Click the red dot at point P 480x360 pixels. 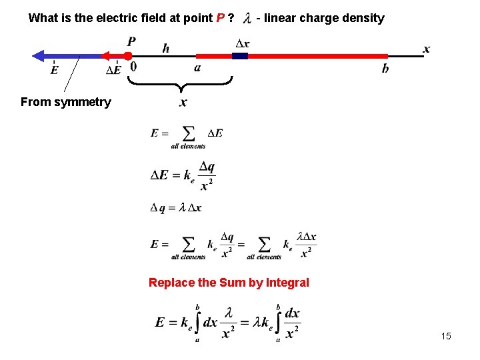click(128, 56)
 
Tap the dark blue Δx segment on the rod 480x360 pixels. click(240, 56)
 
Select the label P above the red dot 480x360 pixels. click(131, 42)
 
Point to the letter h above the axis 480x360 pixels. click(166, 47)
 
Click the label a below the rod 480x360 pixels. click(197, 68)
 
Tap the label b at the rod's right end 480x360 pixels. click(385, 69)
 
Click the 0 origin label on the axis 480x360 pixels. click(133, 67)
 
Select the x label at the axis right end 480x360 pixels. click(427, 49)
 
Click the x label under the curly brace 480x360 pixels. click(183, 102)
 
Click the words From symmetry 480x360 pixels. click(65, 102)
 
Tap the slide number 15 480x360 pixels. click(446, 336)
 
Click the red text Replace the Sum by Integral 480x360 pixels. click(229, 283)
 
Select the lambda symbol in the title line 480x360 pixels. click(248, 18)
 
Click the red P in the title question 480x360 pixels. click(220, 18)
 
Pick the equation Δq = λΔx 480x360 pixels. click(176, 208)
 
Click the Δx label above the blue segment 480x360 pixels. click(243, 44)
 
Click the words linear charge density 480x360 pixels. click(324, 18)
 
